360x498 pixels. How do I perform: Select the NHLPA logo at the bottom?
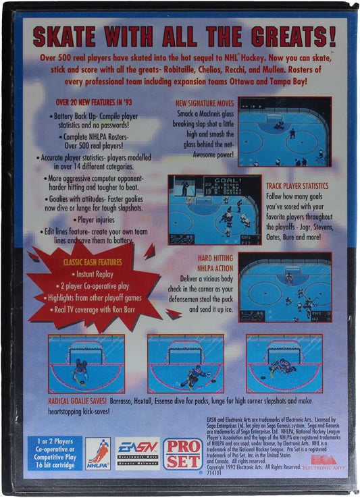[x=99, y=453]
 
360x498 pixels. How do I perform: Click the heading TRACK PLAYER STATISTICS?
[x=297, y=185]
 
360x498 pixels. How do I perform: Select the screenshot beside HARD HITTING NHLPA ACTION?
[x=284, y=287]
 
